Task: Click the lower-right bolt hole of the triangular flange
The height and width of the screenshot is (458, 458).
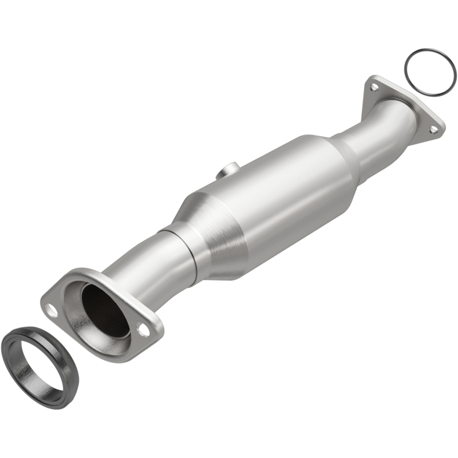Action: (x=433, y=129)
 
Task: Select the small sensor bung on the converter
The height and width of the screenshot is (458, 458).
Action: (x=227, y=170)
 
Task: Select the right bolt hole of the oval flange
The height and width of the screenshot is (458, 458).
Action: (x=144, y=330)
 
